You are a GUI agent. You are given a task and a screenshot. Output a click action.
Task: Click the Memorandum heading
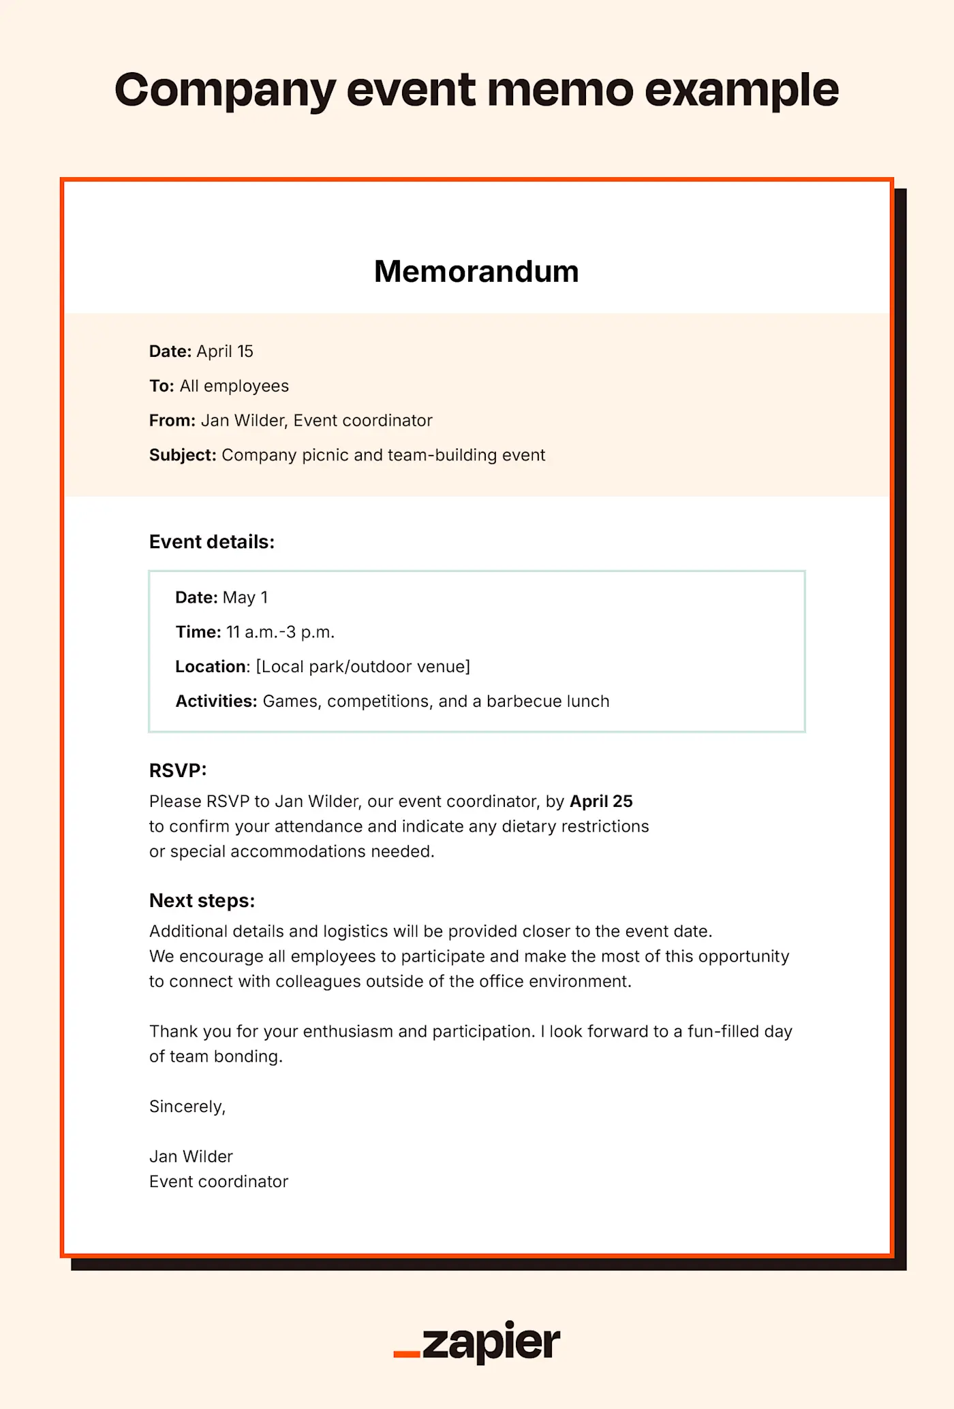(476, 272)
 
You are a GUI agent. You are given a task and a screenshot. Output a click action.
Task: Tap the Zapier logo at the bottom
(477, 1342)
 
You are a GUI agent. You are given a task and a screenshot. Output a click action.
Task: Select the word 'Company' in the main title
(225, 91)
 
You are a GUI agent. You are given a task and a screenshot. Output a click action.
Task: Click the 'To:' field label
(161, 386)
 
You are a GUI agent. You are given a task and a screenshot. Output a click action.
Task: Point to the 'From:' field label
(172, 421)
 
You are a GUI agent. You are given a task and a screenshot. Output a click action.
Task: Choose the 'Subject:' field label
(183, 456)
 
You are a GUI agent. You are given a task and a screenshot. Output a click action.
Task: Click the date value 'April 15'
(225, 351)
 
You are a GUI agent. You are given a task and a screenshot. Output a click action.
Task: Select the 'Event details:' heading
(212, 542)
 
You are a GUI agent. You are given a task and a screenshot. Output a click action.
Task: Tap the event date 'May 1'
(245, 598)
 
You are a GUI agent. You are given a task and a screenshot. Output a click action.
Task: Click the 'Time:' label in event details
(198, 633)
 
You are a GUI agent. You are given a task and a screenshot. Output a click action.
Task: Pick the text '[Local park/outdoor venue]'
(363, 667)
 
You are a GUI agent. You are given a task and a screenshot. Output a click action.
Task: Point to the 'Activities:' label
(216, 701)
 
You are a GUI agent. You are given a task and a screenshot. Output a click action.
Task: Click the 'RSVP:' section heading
(178, 771)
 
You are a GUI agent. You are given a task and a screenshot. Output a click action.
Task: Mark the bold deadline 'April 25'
(601, 802)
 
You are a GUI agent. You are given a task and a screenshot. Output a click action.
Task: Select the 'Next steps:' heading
(202, 901)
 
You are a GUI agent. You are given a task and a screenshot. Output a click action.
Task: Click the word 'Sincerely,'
(187, 1107)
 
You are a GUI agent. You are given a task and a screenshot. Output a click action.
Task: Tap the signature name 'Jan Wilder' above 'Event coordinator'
(191, 1156)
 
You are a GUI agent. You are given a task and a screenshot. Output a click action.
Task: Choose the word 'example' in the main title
(741, 91)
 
